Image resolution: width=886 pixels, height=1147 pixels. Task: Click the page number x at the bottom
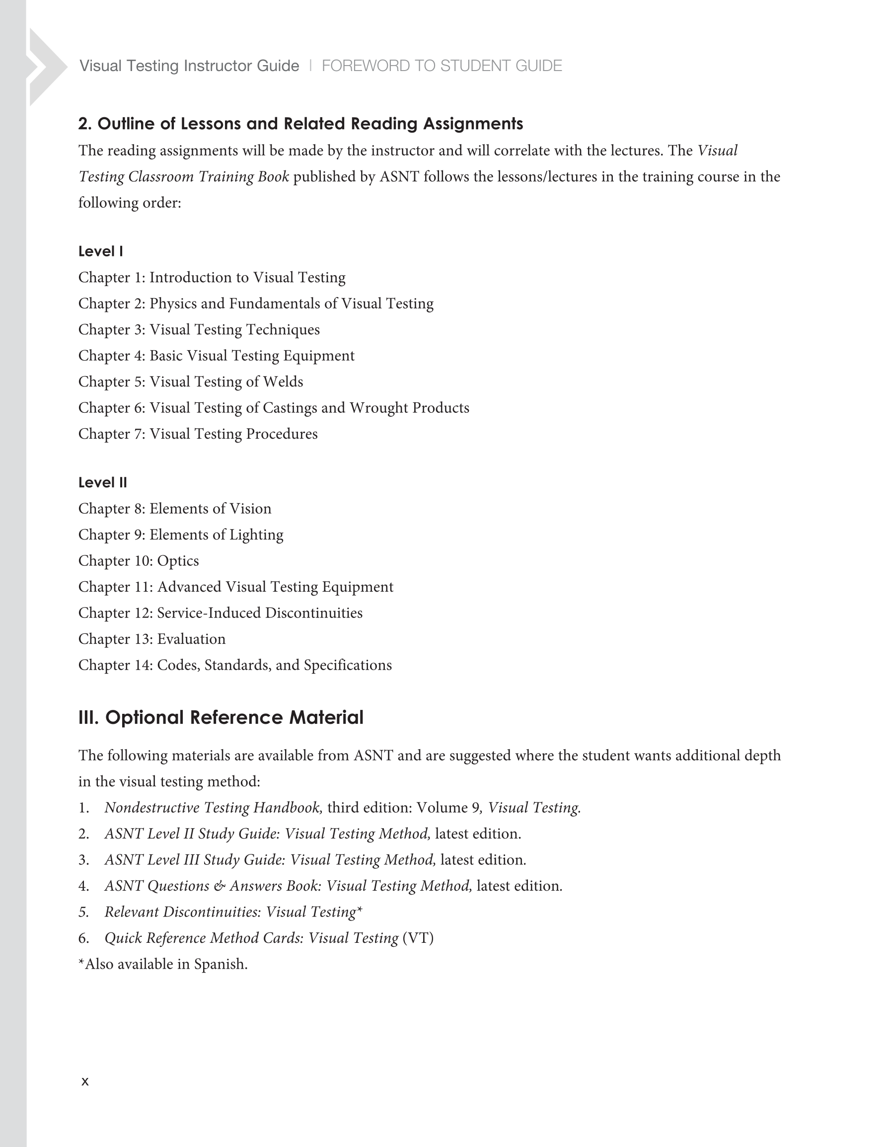85,1081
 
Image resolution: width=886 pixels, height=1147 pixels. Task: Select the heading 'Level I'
101,251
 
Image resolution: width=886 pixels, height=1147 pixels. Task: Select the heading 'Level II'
103,482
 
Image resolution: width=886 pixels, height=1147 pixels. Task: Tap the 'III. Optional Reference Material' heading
221,717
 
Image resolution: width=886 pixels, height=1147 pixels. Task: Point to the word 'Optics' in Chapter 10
178,561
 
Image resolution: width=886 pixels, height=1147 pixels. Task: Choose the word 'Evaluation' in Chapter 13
191,639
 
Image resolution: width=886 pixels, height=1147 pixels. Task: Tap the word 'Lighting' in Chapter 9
261,535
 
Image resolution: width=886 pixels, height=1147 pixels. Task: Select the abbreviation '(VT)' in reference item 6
418,938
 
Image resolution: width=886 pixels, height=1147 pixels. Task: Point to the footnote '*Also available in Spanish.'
163,964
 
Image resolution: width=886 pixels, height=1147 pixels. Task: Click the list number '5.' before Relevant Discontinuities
84,912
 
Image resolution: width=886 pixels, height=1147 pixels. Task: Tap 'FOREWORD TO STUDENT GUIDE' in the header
442,66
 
